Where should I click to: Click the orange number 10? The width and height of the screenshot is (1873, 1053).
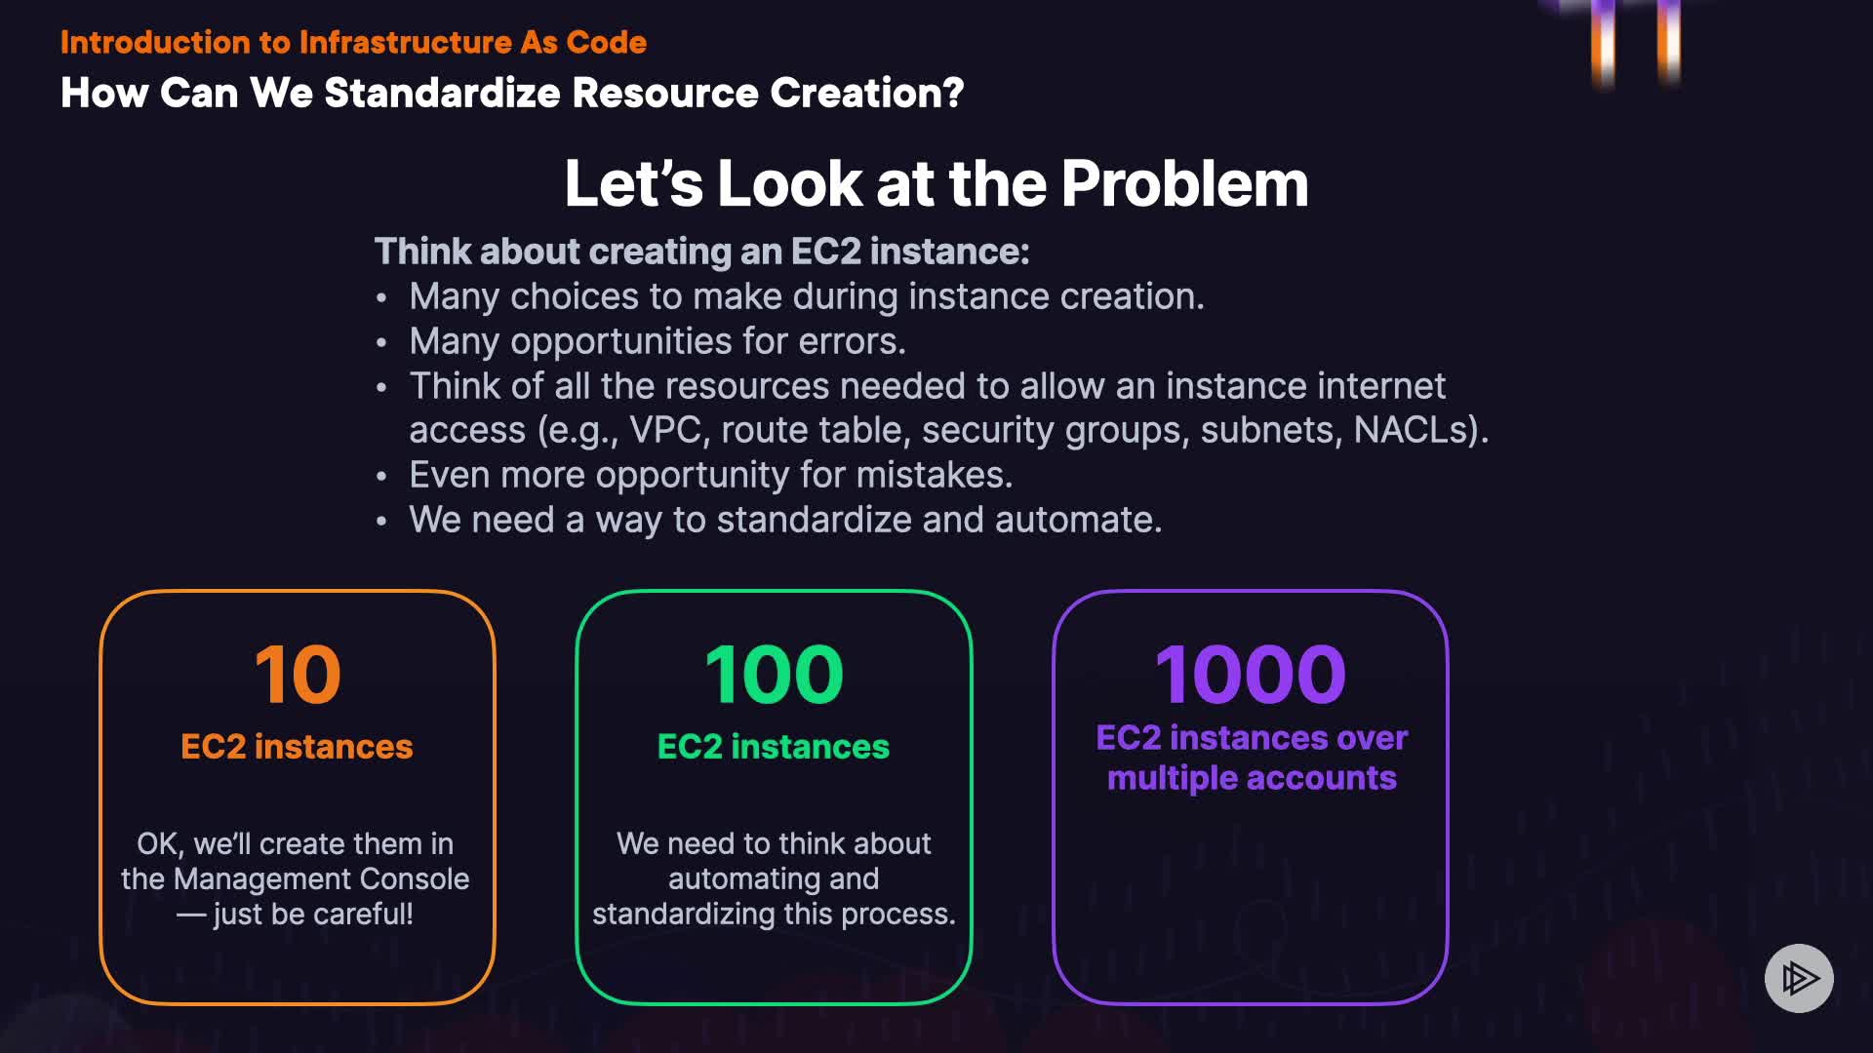[298, 675]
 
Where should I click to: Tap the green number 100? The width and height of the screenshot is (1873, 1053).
[774, 675]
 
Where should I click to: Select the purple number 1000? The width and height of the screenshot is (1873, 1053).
[1251, 675]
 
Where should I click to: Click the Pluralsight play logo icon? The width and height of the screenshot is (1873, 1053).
[1799, 978]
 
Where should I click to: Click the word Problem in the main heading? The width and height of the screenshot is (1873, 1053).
[1184, 184]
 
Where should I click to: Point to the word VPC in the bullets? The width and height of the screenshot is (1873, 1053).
[664, 430]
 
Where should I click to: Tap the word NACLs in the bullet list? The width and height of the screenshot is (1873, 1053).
[1415, 430]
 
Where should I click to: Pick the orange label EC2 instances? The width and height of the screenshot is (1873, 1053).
[297, 747]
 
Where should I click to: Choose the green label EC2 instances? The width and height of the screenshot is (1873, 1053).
[774, 747]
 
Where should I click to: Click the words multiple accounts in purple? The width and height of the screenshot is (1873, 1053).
[1252, 778]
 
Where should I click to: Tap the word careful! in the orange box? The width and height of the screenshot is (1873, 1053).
[363, 915]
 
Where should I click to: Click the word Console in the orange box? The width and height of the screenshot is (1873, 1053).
[415, 879]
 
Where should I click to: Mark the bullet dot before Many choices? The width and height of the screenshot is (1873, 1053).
[381, 297]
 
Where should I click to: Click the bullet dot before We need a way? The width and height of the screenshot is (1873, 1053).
[381, 521]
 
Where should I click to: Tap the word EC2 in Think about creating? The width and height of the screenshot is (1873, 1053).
[825, 252]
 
